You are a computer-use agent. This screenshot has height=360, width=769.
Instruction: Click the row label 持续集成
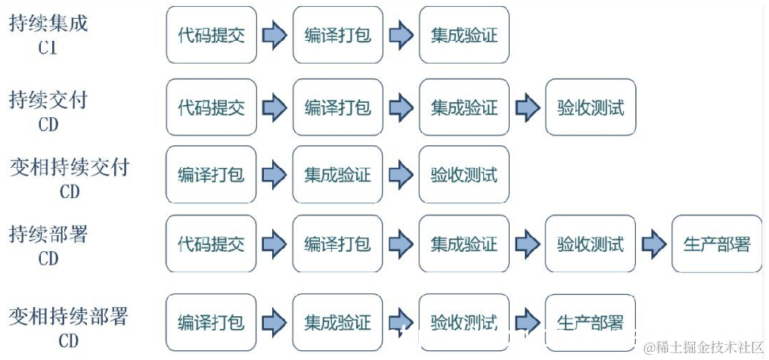tap(48, 23)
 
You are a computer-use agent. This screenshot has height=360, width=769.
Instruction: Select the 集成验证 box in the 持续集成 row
tap(464, 35)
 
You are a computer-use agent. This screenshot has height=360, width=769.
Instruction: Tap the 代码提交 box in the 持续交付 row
tap(211, 107)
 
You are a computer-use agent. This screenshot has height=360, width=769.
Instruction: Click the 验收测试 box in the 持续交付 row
tap(591, 107)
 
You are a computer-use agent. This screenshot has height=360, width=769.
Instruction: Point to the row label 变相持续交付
tap(70, 167)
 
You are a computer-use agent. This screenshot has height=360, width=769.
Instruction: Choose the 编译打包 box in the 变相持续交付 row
tap(211, 175)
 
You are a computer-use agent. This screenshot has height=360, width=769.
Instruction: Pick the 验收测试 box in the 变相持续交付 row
tap(464, 175)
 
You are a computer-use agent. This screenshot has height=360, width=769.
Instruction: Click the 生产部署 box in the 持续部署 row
tap(717, 244)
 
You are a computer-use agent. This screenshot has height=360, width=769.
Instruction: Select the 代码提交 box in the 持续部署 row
tap(211, 244)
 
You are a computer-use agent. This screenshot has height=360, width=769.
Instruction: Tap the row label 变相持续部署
tap(69, 317)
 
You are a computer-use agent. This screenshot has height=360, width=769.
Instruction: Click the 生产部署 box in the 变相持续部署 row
tap(591, 323)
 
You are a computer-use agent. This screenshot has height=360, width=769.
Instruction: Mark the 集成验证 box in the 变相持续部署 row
tap(337, 323)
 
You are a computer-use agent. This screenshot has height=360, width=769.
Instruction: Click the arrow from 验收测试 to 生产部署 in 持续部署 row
tap(654, 244)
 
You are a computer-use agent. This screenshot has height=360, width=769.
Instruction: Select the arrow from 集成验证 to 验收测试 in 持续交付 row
tap(527, 107)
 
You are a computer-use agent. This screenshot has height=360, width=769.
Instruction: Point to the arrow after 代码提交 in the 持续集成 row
tap(274, 35)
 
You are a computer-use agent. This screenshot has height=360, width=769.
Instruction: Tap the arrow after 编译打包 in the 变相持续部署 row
tap(274, 323)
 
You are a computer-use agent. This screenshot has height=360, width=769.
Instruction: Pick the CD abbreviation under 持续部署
tap(48, 259)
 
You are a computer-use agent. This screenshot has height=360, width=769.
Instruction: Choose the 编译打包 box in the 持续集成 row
tap(337, 35)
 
